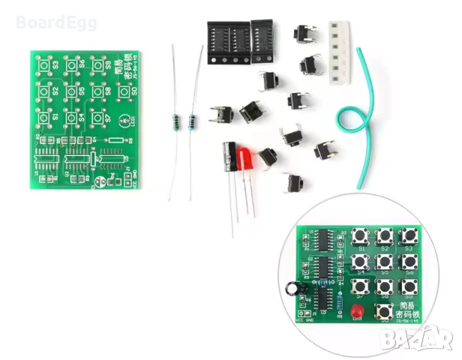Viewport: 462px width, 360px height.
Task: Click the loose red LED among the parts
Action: click(x=246, y=159)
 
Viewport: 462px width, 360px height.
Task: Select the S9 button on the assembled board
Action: click(x=409, y=286)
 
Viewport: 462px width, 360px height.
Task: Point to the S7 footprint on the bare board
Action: click(x=98, y=118)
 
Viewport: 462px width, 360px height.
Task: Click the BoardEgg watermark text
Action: click(x=49, y=22)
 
